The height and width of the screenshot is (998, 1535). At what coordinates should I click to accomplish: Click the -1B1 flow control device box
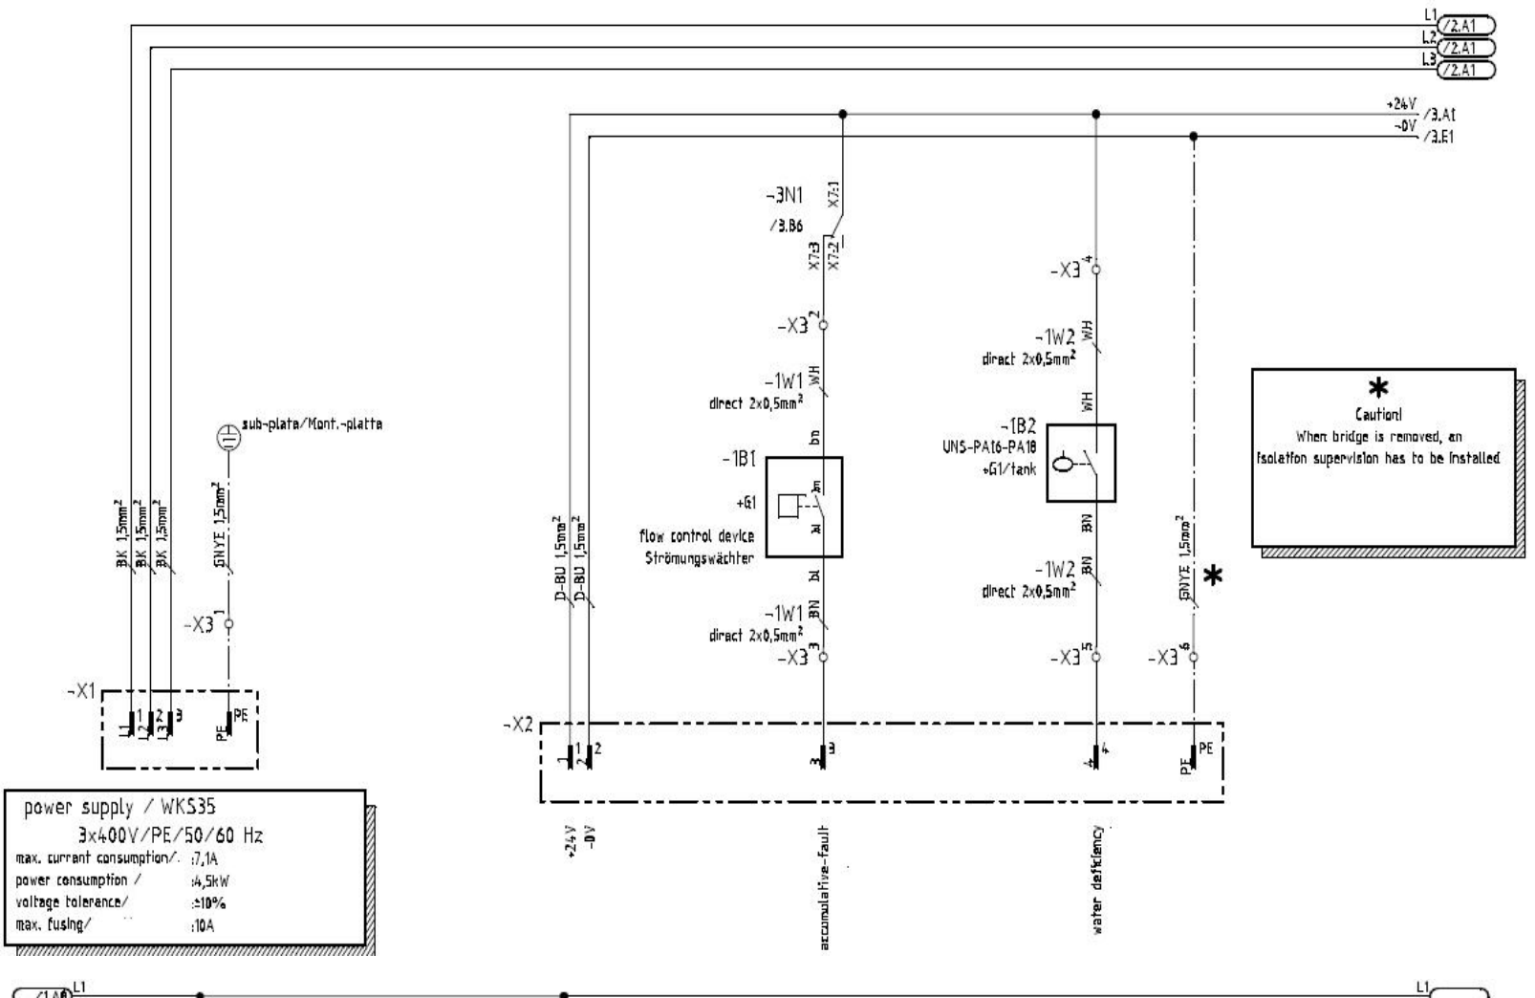[x=804, y=507]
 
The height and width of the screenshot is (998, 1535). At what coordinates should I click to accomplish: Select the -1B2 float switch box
[x=1080, y=464]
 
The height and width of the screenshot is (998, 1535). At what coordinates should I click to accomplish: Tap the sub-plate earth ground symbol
[x=227, y=438]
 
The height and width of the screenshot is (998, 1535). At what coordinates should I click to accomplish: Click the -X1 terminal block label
[x=82, y=692]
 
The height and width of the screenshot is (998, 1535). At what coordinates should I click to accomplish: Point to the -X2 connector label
[x=519, y=726]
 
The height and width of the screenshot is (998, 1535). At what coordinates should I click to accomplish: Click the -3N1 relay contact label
[x=784, y=196]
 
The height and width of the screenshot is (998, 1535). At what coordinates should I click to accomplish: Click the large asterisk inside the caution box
[x=1378, y=387]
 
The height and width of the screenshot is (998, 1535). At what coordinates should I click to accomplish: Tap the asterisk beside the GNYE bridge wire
[x=1213, y=575]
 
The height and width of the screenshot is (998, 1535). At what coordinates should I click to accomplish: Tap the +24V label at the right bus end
[x=1402, y=105]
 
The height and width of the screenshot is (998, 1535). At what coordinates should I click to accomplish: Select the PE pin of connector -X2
[x=1194, y=755]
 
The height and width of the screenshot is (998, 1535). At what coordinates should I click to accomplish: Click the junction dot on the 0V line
[x=1193, y=137]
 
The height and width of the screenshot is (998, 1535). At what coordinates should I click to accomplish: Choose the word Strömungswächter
[x=698, y=559]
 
